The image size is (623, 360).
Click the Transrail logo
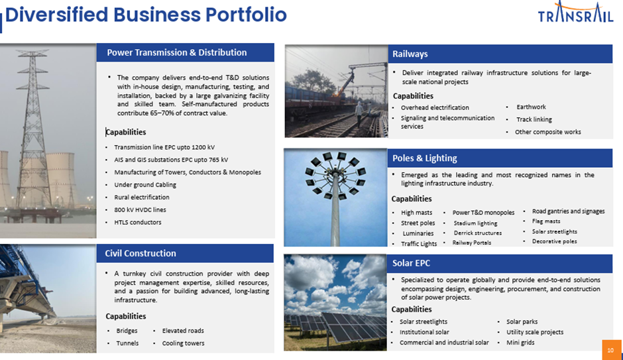coord(576,12)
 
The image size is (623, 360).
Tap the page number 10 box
coord(612,349)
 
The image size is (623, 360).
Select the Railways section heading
coord(410,54)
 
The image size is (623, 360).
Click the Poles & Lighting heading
coord(425,158)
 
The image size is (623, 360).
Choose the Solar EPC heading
coord(411,263)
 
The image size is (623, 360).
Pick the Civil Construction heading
coord(141,253)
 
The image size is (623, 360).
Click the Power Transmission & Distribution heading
coord(177,52)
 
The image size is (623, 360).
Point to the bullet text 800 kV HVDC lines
coord(141,210)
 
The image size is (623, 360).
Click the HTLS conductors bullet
coord(138,222)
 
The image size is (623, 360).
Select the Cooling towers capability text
coord(183,343)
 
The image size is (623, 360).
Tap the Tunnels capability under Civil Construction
coord(127,343)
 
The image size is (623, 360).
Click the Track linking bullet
coord(534,119)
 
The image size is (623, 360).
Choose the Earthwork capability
coord(532,107)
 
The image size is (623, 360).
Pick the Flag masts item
coord(546,221)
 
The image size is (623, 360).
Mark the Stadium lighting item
coord(476,223)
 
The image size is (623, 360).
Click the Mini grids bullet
coord(520,343)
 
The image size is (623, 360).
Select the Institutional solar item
coord(424,332)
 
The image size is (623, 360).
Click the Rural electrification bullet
coord(142,197)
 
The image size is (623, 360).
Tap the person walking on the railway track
coord(360,114)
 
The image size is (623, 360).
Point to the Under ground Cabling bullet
coord(145,185)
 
